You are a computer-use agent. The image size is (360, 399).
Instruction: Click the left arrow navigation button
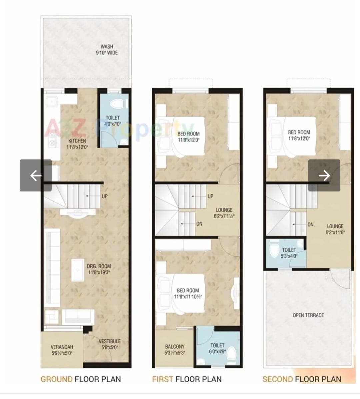36,175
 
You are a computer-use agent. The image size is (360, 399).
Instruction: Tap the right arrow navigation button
324,175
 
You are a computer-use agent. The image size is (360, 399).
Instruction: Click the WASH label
107,47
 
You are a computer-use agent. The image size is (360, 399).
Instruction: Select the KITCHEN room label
77,141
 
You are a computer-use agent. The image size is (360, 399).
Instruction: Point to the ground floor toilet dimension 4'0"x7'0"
112,124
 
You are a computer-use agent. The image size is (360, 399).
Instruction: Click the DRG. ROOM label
99,266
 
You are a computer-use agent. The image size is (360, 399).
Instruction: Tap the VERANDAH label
62,347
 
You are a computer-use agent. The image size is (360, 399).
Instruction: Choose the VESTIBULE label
110,341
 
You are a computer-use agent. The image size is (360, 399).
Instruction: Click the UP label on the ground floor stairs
105,196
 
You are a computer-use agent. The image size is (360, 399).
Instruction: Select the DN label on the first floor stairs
199,224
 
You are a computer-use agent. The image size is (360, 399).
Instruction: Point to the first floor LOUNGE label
224,210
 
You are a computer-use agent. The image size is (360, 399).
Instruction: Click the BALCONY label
175,347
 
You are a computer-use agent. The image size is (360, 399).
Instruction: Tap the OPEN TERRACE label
308,315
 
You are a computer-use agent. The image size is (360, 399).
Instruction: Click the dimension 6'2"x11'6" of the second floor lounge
335,232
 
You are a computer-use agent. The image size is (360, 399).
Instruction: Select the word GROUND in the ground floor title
57,379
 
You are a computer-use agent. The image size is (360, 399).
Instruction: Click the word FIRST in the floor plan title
163,379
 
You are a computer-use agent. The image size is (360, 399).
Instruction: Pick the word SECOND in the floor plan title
278,379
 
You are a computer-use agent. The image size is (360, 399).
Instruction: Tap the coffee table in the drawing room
78,270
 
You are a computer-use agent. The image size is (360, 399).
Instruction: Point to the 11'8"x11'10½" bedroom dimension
188,297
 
